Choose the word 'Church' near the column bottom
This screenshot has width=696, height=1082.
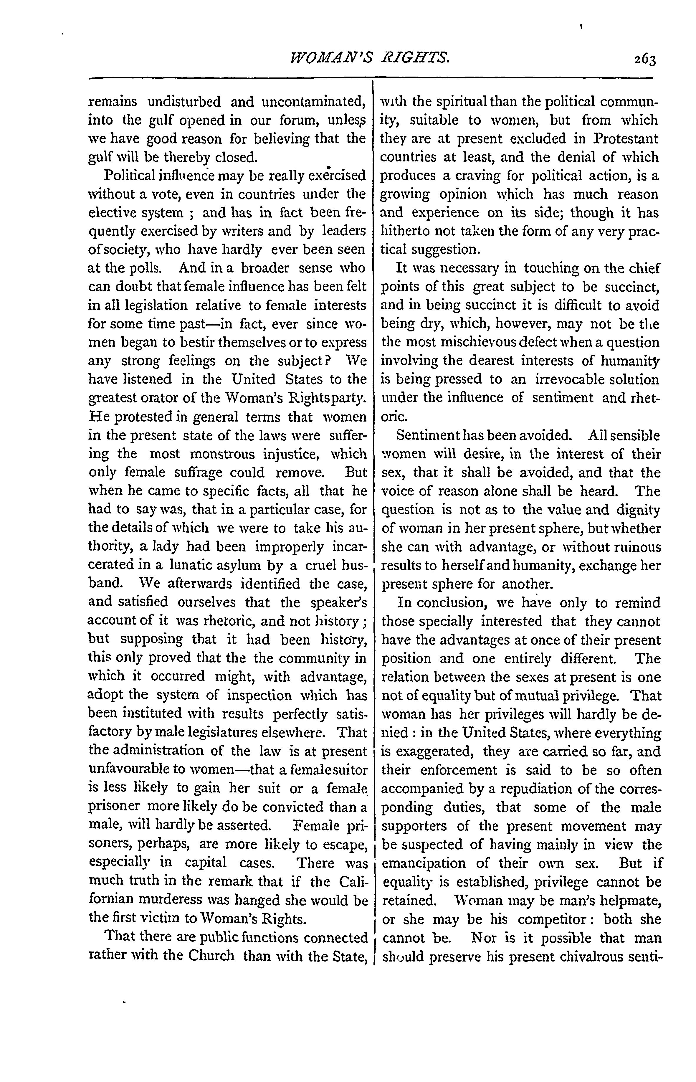[x=211, y=956]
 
